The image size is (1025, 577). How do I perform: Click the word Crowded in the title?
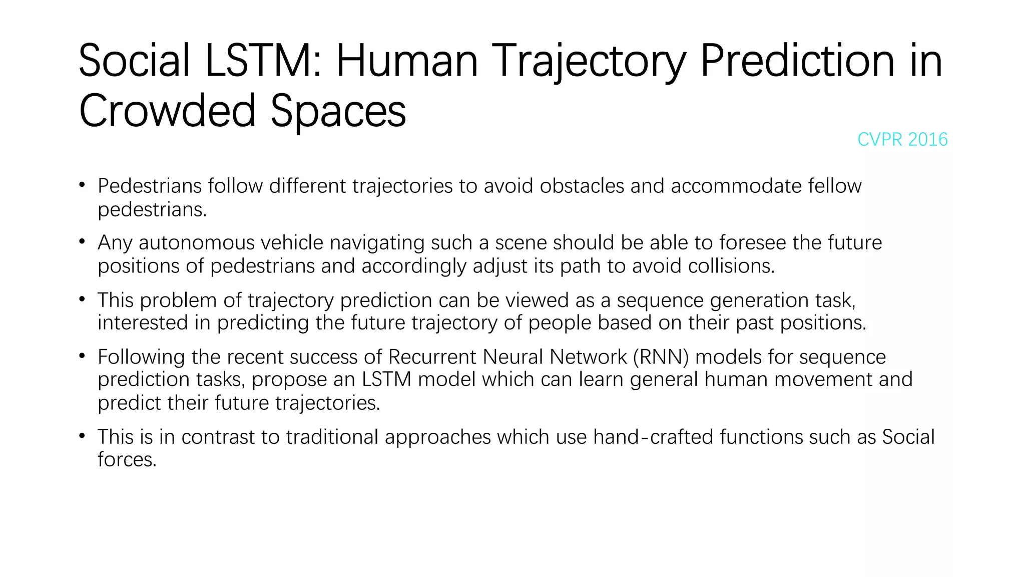pos(168,111)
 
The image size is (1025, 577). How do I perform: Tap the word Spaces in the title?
pos(338,111)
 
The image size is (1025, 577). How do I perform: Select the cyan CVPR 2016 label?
pos(902,139)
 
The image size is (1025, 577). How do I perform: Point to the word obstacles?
pos(582,186)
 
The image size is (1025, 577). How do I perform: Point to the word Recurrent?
pos(432,357)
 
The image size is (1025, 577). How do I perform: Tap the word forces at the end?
pos(127,460)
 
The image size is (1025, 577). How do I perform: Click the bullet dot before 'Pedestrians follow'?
pos(82,185)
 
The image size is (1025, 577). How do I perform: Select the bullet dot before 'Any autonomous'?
pos(82,242)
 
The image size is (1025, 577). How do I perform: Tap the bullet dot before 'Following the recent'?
pos(82,356)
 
